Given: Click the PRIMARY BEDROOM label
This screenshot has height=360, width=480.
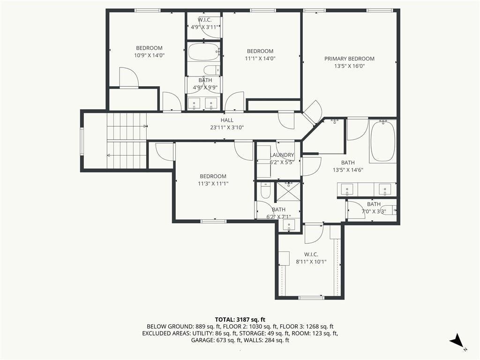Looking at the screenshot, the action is (349, 59).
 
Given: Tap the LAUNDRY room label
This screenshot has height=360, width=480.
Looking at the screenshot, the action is (282, 155).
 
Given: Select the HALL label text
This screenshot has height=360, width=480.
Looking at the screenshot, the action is (227, 120).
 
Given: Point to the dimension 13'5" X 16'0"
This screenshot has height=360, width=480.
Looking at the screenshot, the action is (349, 66).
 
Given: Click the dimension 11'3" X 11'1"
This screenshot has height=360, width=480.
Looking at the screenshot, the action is (213, 184).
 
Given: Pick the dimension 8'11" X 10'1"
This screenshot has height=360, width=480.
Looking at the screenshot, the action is (311, 262).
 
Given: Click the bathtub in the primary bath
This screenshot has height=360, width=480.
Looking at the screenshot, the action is (382, 141).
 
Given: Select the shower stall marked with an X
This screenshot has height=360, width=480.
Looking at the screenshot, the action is (288, 192).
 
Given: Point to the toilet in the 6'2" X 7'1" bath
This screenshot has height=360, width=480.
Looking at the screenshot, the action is (265, 191).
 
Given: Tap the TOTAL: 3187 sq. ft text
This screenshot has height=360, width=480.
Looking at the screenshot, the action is (240, 320).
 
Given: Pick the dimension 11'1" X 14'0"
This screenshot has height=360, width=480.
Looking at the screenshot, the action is (260, 59).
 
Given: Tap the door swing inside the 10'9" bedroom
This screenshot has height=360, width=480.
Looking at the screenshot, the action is (129, 77).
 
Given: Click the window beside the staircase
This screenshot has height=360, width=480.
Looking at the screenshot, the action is (82, 141).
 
